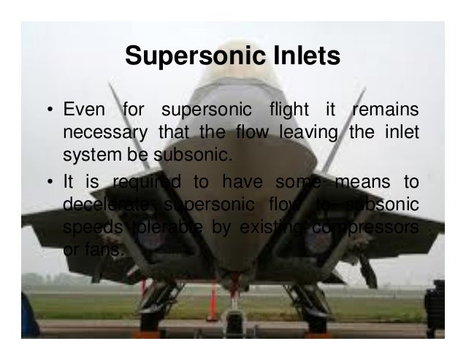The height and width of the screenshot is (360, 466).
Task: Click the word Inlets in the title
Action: pyautogui.click(x=300, y=56)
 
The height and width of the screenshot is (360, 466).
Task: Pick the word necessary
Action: pyautogui.click(x=104, y=134)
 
